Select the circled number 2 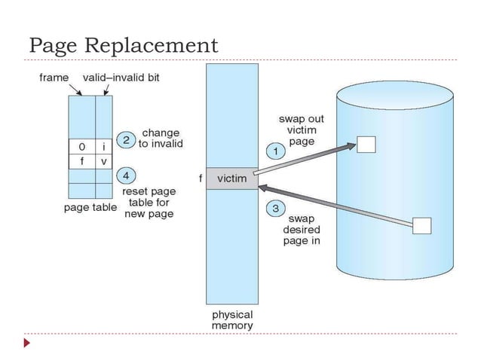(x=127, y=141)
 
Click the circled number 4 (x=127, y=176)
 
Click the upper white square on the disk (x=366, y=145)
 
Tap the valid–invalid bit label (x=121, y=77)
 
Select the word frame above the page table (x=54, y=77)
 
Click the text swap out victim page (x=302, y=130)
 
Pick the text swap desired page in (x=302, y=230)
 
